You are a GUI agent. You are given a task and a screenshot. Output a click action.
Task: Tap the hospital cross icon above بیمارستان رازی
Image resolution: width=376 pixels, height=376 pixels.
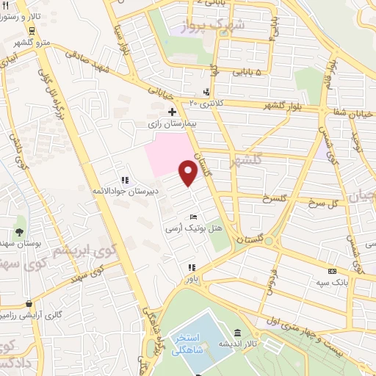coord(172,112)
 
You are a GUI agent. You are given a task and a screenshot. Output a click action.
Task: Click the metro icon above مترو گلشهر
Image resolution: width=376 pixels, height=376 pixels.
coord(32,31)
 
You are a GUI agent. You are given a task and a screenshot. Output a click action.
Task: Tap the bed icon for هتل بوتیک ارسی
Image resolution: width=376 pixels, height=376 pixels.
coord(192,217)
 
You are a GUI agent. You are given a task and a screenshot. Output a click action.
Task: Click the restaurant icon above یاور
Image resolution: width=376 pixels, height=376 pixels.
coord(192,268)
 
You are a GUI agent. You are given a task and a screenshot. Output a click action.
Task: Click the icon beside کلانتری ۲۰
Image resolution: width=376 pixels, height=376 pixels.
coord(206,93)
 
